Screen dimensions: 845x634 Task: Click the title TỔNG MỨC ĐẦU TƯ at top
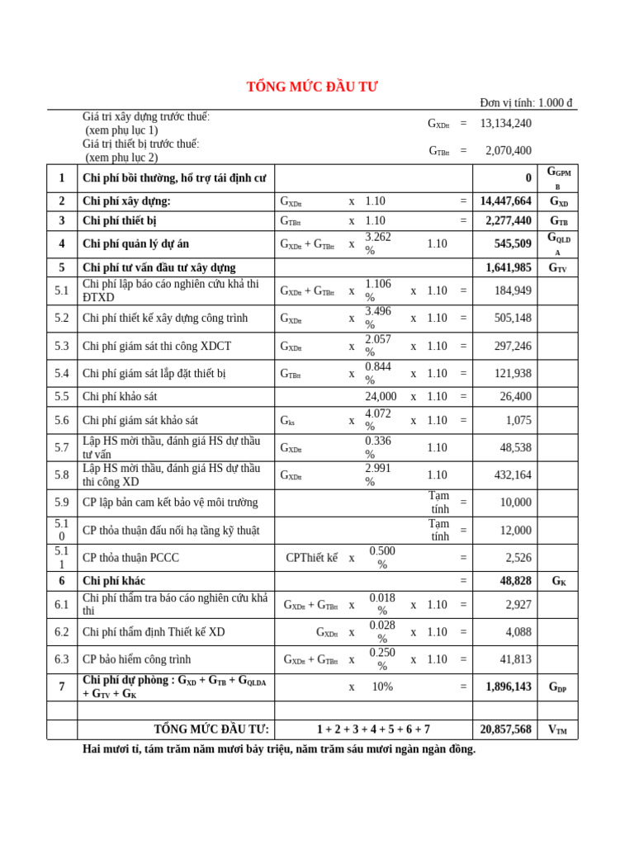click(312, 87)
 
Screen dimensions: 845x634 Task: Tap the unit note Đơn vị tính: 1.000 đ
click(526, 103)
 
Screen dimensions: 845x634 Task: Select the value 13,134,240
click(505, 123)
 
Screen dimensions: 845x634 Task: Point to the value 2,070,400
click(509, 150)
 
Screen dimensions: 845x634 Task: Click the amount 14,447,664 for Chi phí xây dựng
click(505, 201)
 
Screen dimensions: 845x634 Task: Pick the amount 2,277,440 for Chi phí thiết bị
click(505, 221)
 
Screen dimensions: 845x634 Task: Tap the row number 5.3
click(62, 346)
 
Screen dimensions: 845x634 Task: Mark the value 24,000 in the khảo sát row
click(381, 397)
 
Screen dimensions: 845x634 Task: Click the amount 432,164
click(512, 475)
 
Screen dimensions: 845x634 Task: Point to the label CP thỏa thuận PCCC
click(130, 558)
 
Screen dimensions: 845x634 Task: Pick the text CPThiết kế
click(311, 558)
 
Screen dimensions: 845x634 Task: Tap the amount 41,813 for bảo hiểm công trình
click(515, 659)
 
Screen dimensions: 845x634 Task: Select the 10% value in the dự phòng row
click(382, 687)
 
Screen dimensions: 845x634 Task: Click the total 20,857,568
click(505, 729)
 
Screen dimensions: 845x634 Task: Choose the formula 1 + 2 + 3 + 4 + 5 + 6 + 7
click(373, 729)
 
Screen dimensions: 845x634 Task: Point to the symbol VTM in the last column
click(558, 729)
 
